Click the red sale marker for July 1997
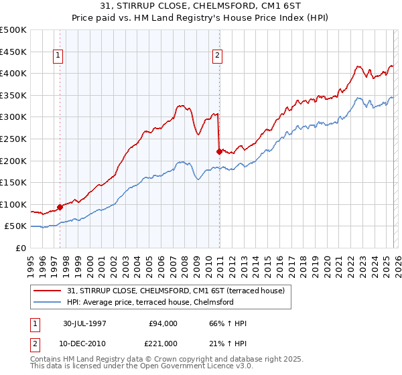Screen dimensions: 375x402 click(60, 207)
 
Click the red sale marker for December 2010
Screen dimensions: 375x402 click(219, 151)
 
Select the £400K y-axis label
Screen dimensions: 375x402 click(13, 73)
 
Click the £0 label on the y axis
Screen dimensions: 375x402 click(21, 248)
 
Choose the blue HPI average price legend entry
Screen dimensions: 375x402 click(149, 302)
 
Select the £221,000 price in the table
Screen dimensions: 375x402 click(163, 343)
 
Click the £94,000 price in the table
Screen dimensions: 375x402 click(163, 323)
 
